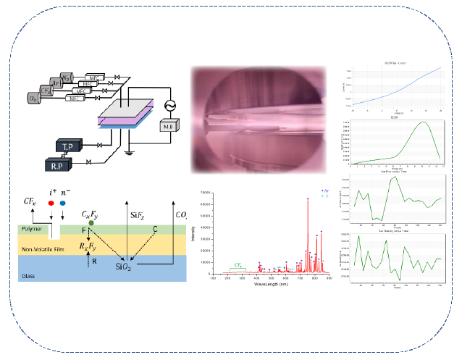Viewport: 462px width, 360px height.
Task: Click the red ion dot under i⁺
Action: (x=50, y=204)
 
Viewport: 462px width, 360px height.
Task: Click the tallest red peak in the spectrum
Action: (x=308, y=200)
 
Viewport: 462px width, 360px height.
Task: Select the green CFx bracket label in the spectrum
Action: (x=237, y=266)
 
